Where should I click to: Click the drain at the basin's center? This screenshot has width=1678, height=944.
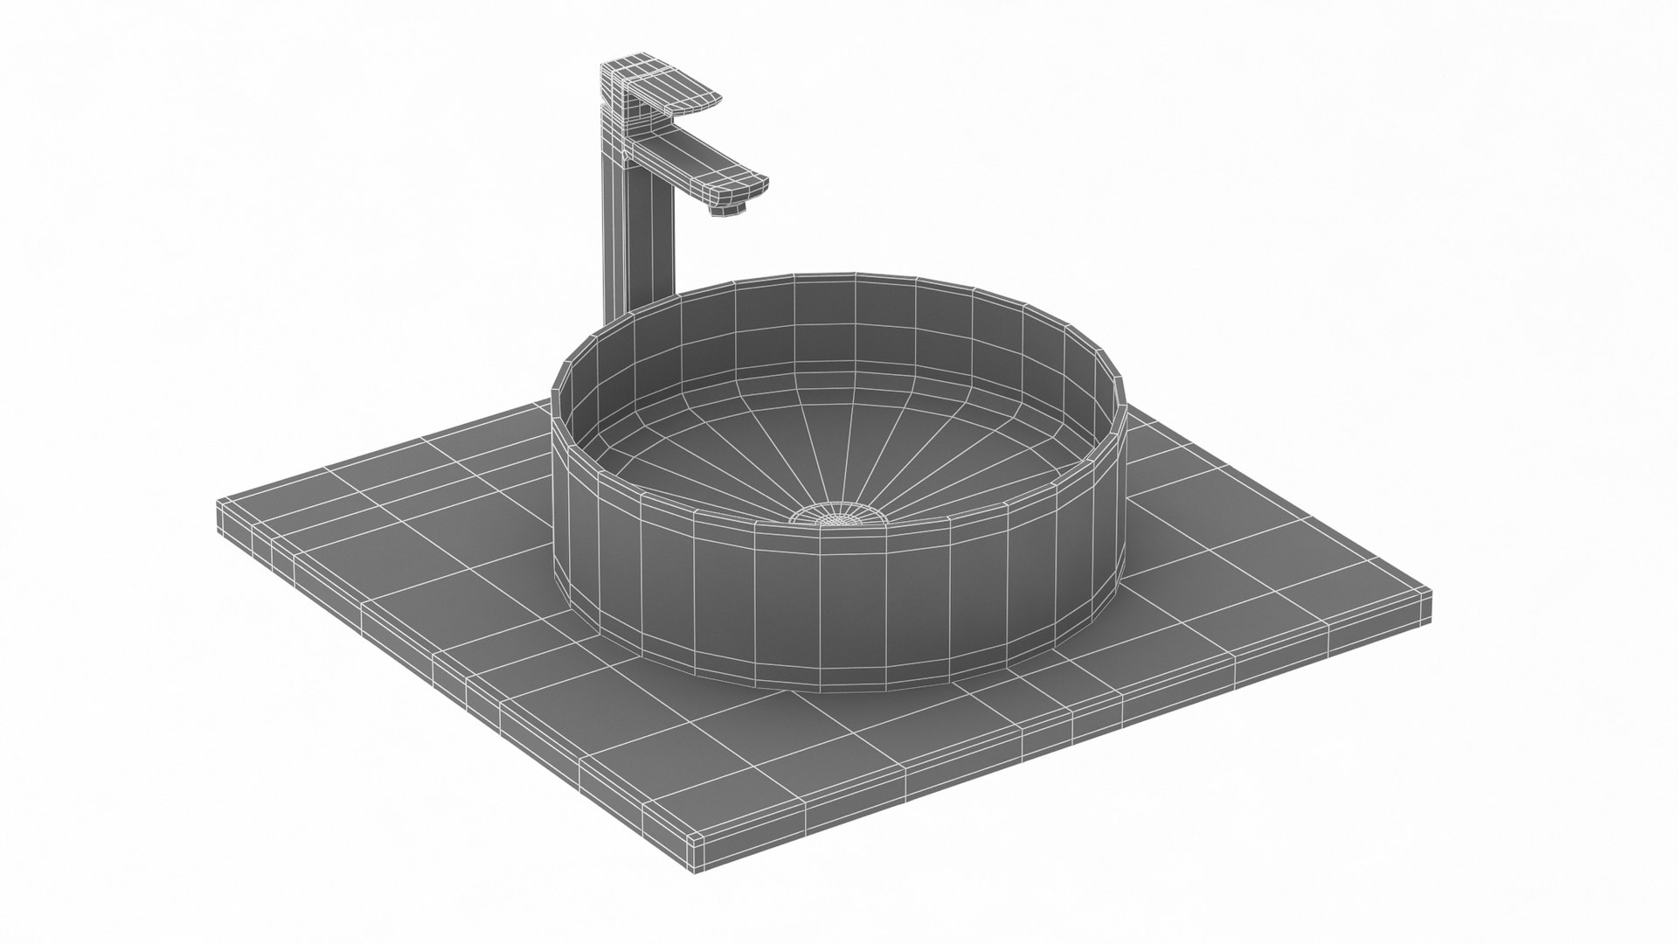(839, 517)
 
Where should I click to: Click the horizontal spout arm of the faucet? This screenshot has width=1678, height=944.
(699, 166)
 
